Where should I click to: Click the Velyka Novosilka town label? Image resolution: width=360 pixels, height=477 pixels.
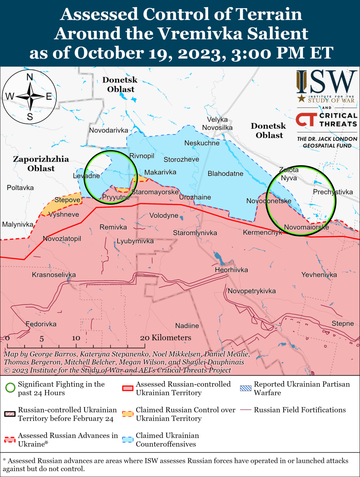coord(217,123)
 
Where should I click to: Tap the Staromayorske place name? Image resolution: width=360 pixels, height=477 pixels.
coord(155,192)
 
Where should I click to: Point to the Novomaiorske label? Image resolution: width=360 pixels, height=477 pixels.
coord(306,227)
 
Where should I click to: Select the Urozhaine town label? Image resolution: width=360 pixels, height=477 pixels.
coord(195,197)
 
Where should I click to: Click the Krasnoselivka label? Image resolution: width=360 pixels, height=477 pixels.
coord(54,275)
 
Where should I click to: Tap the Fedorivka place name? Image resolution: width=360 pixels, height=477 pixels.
coord(41,324)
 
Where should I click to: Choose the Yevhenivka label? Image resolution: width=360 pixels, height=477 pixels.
coord(319,275)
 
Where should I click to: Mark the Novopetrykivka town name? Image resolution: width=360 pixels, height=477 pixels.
coord(252,291)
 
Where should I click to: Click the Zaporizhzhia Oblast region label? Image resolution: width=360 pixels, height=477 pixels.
coord(41,164)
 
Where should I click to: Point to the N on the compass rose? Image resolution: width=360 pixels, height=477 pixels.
coord(30,77)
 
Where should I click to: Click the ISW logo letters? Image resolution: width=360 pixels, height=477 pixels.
coord(326,82)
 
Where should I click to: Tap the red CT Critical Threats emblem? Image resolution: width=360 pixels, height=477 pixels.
coord(306,120)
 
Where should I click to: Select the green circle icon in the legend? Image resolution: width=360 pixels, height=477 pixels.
coord(10,388)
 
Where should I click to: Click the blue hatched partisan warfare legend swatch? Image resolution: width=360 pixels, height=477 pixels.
coord(246,388)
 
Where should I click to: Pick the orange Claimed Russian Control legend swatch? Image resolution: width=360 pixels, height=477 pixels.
coord(128,414)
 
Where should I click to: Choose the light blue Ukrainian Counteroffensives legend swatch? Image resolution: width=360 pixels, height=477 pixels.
coord(128,439)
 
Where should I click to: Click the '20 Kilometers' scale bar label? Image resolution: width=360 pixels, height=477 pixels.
coord(165,338)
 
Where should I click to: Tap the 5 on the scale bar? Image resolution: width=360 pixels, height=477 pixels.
coord(42,339)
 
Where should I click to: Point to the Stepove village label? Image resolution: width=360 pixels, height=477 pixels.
coord(67,200)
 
